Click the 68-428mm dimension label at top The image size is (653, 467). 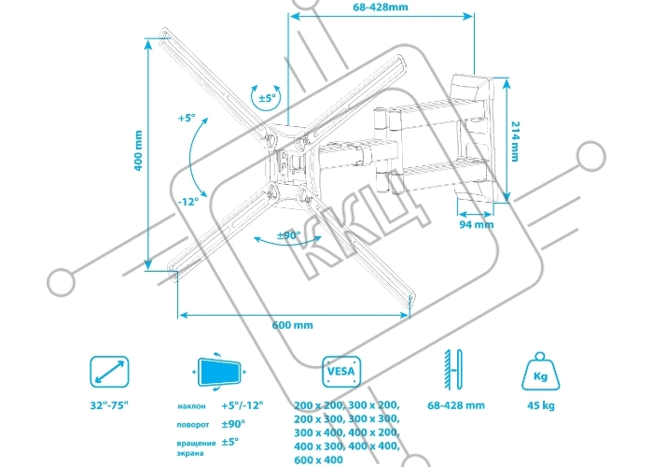(381, 7)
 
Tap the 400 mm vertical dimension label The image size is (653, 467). (138, 150)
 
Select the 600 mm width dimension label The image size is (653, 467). (292, 325)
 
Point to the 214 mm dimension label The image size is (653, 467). (515, 141)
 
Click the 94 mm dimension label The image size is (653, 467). (477, 225)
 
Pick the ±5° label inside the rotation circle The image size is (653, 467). (268, 98)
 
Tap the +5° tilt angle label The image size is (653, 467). (187, 118)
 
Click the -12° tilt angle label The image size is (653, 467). (188, 202)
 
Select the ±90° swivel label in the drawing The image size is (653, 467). (288, 235)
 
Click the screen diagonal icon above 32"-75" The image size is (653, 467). (109, 372)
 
